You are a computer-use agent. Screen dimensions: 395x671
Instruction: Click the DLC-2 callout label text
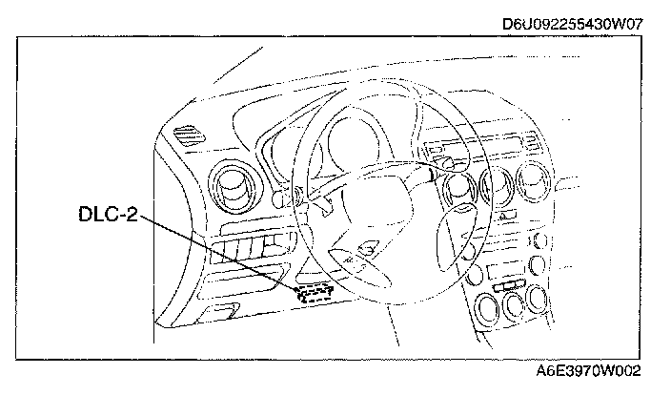click(108, 215)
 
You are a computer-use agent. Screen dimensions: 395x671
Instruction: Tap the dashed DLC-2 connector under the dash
click(315, 294)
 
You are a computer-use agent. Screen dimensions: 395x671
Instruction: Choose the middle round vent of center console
click(496, 187)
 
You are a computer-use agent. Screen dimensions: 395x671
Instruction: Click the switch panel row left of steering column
click(246, 253)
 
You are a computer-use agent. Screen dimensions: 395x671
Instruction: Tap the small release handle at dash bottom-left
click(225, 312)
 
